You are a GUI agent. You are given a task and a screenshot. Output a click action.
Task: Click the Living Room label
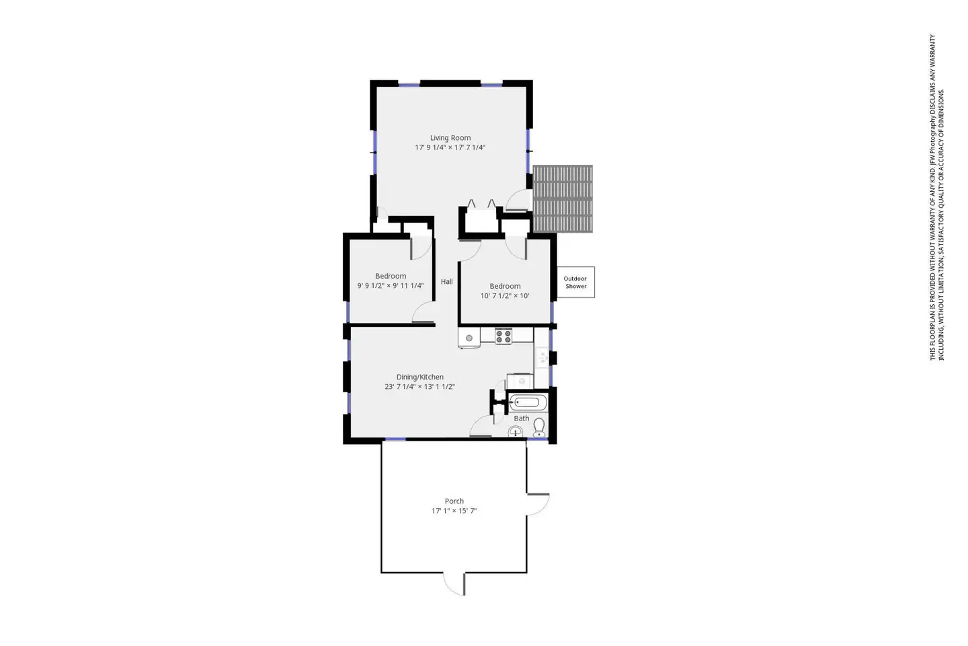click(450, 137)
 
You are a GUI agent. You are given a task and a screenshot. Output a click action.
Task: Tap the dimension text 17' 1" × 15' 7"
click(454, 511)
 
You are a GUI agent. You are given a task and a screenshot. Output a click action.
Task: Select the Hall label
click(447, 282)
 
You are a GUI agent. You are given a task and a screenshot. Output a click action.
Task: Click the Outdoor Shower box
click(575, 282)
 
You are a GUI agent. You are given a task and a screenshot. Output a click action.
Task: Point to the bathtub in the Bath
click(527, 403)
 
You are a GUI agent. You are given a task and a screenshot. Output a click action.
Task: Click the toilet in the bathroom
click(539, 427)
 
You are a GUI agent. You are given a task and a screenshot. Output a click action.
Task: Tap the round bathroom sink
click(515, 431)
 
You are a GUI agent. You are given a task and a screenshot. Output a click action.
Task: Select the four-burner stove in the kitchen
click(503, 336)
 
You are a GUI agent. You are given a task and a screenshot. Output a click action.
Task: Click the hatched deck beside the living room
click(563, 199)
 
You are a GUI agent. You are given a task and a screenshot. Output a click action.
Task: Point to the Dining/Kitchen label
click(419, 377)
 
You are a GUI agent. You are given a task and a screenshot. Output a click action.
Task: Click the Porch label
click(454, 501)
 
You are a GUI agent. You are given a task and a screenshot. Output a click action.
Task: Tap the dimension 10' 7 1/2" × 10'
click(505, 296)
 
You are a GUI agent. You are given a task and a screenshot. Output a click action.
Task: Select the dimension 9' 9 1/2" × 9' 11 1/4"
click(390, 285)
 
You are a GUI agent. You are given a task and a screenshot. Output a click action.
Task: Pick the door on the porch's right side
click(538, 504)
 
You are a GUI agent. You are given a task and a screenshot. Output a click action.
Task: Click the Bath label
click(521, 419)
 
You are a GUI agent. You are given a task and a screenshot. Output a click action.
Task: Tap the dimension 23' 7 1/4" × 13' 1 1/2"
click(419, 387)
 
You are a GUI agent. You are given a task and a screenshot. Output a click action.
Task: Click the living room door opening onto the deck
click(518, 201)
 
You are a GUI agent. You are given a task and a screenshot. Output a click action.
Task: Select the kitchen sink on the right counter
click(542, 357)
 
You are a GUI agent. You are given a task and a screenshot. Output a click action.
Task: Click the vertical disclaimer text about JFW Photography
click(937, 197)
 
